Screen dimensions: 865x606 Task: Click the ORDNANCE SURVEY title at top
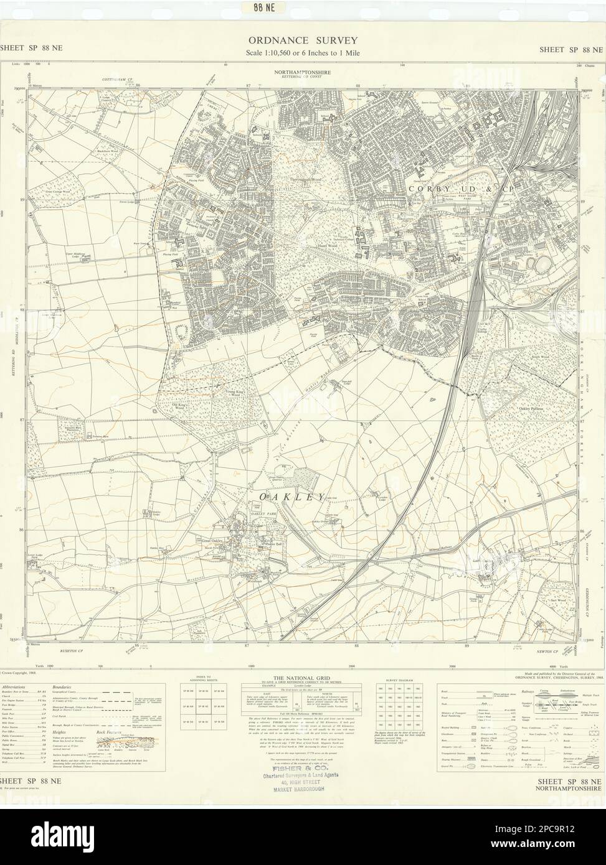coord(302,40)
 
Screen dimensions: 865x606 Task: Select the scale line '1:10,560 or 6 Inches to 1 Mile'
coord(302,52)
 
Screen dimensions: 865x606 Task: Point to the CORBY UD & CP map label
coord(445,186)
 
